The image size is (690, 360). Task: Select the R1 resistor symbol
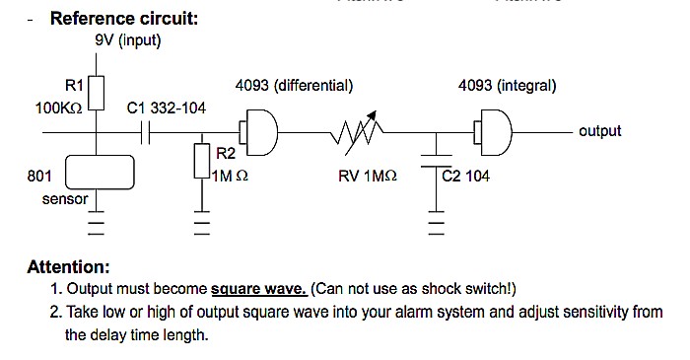(96, 93)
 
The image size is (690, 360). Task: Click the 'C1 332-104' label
(167, 108)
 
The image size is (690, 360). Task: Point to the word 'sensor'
(65, 199)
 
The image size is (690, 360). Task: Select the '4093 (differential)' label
(294, 86)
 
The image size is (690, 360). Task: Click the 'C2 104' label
(466, 177)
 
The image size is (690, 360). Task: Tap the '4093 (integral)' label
(507, 86)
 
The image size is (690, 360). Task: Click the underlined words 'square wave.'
(259, 289)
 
